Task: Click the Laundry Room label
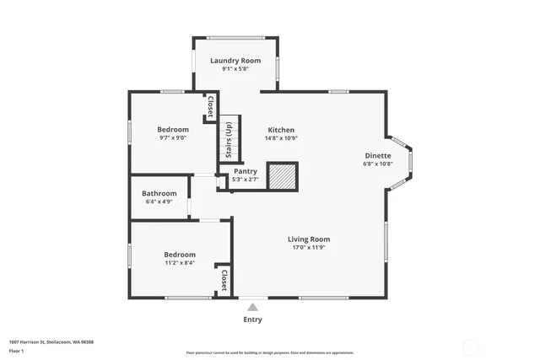point(235,61)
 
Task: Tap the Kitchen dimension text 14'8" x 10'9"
point(281,138)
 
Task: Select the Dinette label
point(377,156)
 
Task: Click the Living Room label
point(308,239)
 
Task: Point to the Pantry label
point(246,171)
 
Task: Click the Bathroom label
point(159,193)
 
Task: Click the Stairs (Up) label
point(228,140)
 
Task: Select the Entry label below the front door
point(252,320)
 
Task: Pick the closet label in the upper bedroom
point(210,107)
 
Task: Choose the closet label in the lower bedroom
point(224,280)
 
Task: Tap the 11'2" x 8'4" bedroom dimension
point(179,263)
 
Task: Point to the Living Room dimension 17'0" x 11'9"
point(308,247)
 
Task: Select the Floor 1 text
point(16,350)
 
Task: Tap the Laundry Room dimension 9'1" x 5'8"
point(235,69)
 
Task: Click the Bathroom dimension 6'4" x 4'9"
point(159,201)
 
